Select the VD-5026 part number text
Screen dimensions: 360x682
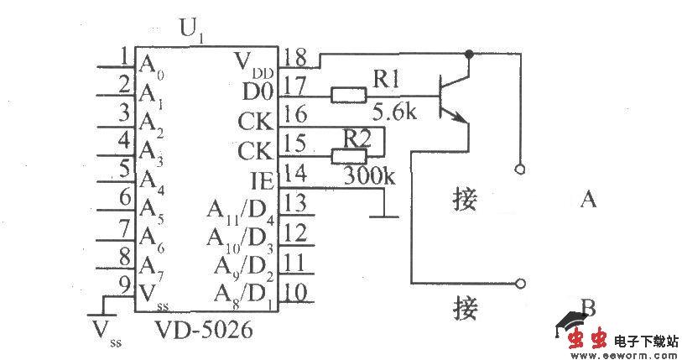coord(202,332)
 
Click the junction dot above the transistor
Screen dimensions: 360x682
coord(469,55)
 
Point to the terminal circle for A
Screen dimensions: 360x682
coord(521,169)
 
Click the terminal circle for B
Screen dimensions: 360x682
coord(521,284)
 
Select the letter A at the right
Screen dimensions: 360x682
coord(588,200)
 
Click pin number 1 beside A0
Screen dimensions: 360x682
coord(124,57)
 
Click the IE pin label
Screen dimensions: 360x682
coord(262,179)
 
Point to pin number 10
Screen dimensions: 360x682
coord(294,291)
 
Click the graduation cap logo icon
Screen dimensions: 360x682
coord(571,321)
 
